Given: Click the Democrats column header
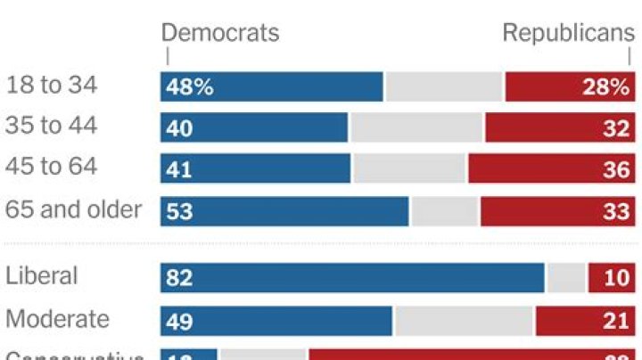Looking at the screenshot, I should (x=219, y=33).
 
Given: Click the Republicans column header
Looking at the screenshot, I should (x=568, y=33).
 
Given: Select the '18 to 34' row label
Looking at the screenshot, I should (x=52, y=86).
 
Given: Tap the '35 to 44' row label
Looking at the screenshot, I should (x=52, y=126).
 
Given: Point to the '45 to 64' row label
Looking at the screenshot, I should (x=52, y=167).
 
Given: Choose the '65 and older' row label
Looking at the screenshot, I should (x=74, y=209).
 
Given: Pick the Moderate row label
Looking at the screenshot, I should (x=58, y=318).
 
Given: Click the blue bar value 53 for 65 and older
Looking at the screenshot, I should (x=179, y=212).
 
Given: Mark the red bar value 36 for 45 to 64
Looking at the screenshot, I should (x=616, y=169).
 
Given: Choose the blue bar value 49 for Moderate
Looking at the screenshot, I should (x=179, y=322).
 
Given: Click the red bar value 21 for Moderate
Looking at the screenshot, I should (x=616, y=322).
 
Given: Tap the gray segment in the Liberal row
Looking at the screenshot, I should (x=566, y=278).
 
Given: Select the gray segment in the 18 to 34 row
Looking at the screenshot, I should (x=444, y=86).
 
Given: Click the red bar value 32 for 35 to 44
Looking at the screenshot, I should (x=616, y=128).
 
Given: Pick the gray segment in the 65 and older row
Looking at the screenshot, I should (x=444, y=211).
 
